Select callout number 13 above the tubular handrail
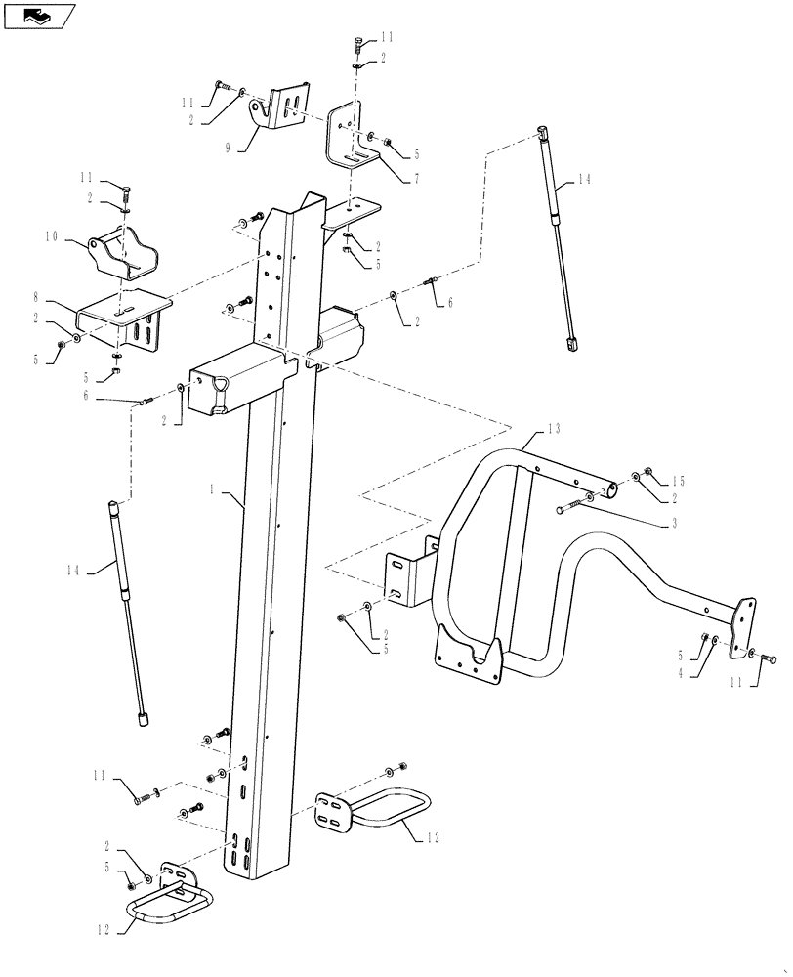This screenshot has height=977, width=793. (554, 428)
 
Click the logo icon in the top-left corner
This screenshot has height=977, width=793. (38, 16)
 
